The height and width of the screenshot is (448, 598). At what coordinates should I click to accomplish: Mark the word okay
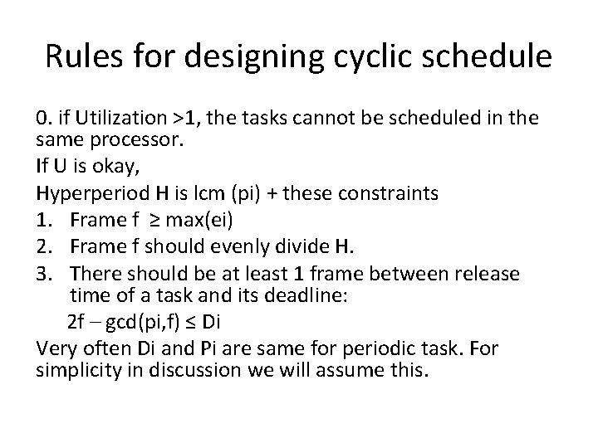coord(96,168)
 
